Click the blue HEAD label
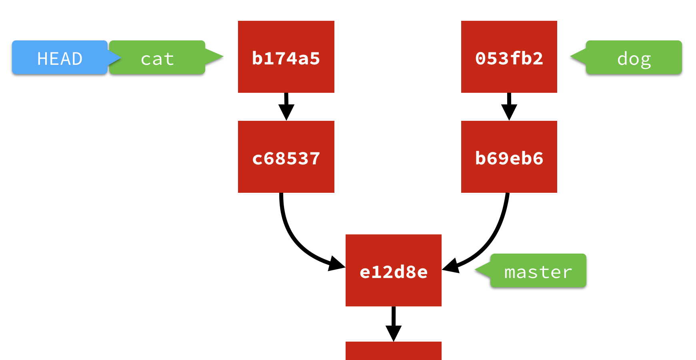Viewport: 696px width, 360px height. click(60, 58)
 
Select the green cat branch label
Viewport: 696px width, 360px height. click(157, 58)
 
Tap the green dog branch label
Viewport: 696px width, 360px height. click(634, 58)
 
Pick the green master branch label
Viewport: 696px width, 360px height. click(538, 271)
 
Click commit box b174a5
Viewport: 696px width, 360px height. click(286, 57)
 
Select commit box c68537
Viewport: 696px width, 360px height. click(286, 157)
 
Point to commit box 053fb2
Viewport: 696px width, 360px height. click(509, 57)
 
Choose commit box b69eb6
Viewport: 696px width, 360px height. click(509, 157)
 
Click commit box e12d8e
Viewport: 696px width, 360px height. click(393, 270)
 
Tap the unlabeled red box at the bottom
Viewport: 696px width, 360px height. click(393, 351)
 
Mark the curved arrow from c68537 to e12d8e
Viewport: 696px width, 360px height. click(292, 236)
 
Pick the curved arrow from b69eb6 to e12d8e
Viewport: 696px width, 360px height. click(494, 236)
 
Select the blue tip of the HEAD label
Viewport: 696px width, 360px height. click(116, 58)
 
